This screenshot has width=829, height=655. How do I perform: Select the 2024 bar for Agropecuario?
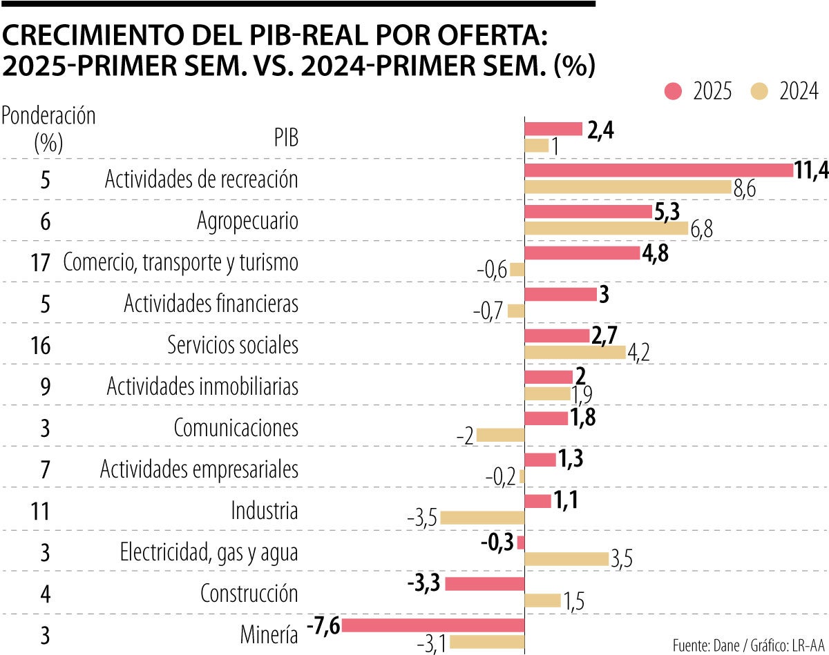pyautogui.click(x=607, y=228)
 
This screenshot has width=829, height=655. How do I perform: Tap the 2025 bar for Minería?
pyautogui.click(x=433, y=625)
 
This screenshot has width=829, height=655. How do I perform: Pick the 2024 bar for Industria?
pyautogui.click(x=482, y=518)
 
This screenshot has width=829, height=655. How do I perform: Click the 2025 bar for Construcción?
pyautogui.click(x=485, y=584)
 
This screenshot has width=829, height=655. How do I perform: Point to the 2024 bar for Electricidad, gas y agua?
pyautogui.click(x=566, y=559)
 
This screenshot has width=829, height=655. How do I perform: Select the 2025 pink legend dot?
pyautogui.click(x=673, y=91)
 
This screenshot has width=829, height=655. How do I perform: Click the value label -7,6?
pyautogui.click(x=322, y=625)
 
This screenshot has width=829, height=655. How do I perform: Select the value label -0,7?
pyautogui.click(x=488, y=311)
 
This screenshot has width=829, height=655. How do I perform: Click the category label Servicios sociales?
pyautogui.click(x=233, y=345)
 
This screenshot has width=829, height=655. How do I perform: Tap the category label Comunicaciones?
pyautogui.click(x=236, y=428)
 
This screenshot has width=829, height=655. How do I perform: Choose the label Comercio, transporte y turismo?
pyautogui.click(x=180, y=262)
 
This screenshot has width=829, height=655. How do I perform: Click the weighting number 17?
pyautogui.click(x=41, y=263)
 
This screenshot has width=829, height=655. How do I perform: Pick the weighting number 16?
pyautogui.click(x=41, y=346)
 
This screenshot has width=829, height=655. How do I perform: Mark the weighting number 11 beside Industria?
pyautogui.click(x=41, y=511)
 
